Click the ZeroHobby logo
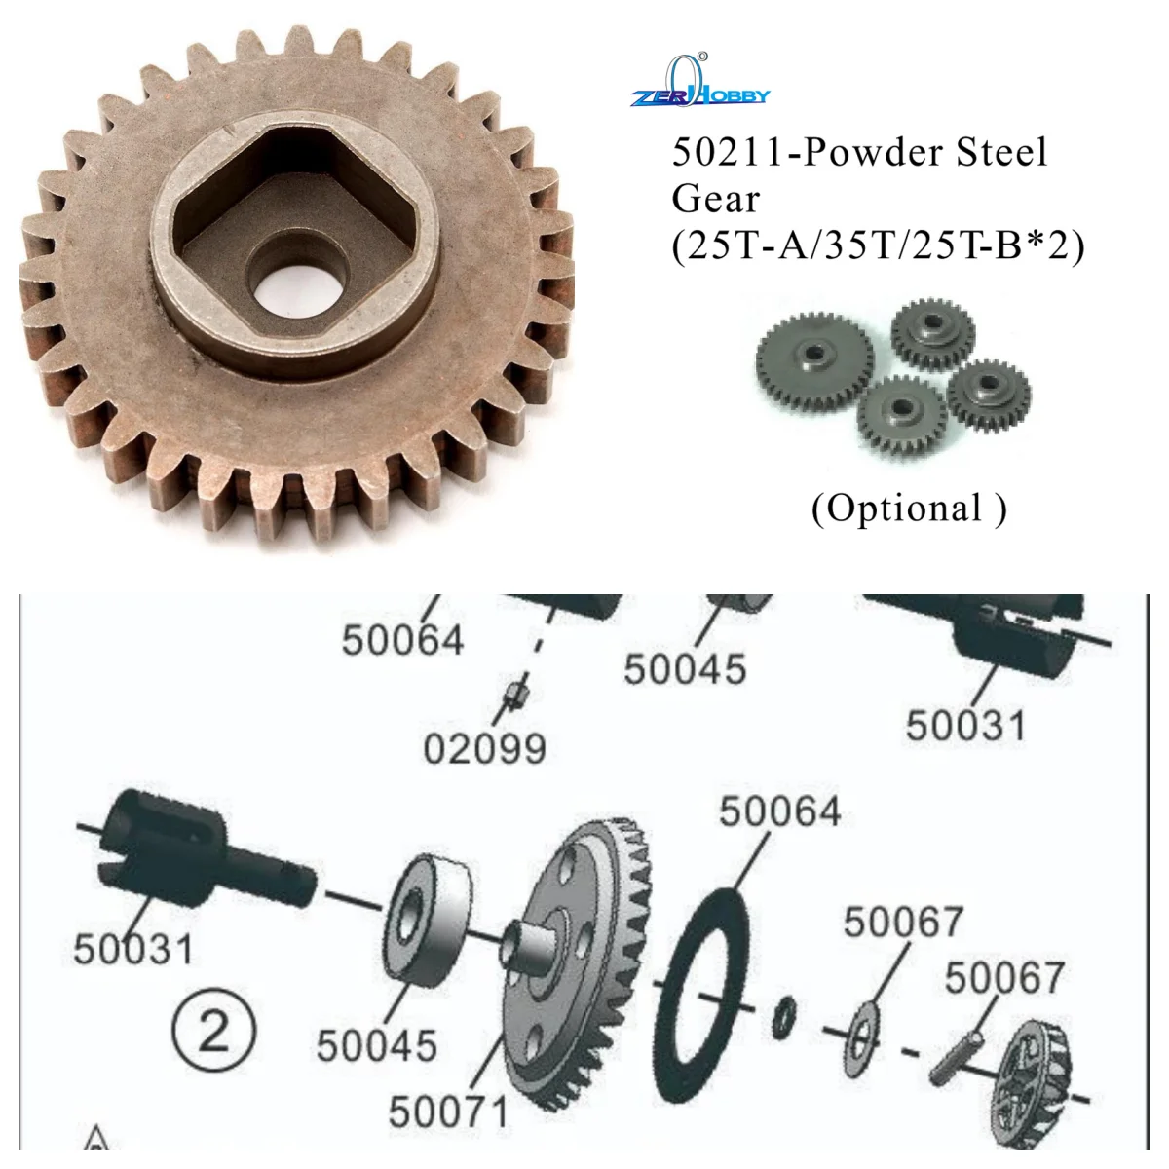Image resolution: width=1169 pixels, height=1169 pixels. click(699, 86)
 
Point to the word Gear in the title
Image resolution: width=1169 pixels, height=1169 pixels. click(715, 199)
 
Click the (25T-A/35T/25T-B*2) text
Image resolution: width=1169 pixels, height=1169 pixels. click(877, 245)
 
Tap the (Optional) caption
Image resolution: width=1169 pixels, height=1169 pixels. click(909, 509)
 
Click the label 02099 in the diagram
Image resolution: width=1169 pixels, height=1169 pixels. click(484, 750)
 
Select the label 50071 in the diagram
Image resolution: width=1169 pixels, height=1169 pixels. click(448, 1112)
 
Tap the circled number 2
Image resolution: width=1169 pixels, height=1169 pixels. click(214, 1031)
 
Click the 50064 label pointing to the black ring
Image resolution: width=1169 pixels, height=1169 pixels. click(779, 811)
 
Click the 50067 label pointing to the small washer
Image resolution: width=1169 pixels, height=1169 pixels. click(903, 923)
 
